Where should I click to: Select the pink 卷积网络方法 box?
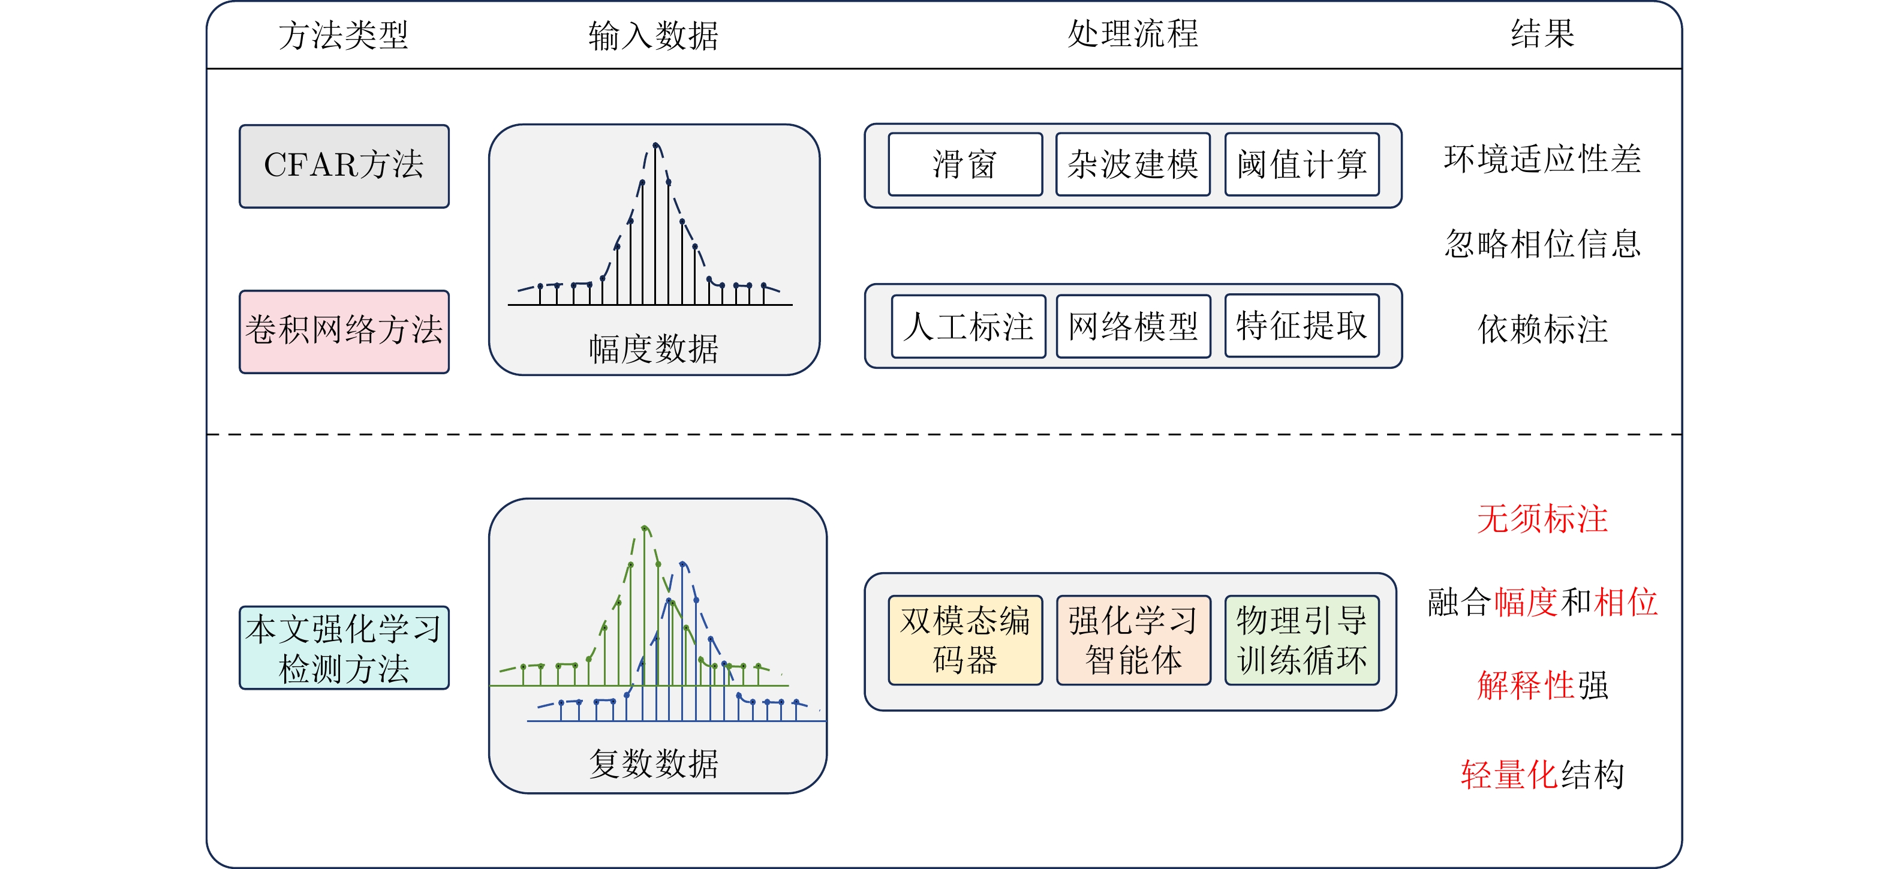tap(344, 332)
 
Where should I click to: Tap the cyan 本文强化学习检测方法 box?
tap(344, 648)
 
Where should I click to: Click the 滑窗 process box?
tap(965, 164)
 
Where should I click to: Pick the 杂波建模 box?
tap(1133, 164)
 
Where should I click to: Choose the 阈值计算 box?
tap(1302, 164)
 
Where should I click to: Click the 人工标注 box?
tap(968, 326)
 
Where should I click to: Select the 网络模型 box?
tap(1133, 326)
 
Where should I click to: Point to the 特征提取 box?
tap(1302, 326)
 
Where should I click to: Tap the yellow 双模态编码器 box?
tap(965, 640)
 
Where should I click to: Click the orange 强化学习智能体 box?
tap(1133, 640)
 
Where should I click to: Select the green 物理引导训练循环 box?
tap(1302, 640)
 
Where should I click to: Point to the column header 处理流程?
tap(1133, 34)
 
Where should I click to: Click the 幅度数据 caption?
tap(654, 349)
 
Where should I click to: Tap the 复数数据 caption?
tap(654, 763)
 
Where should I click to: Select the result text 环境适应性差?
tap(1542, 159)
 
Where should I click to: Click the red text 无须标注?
tap(1542, 519)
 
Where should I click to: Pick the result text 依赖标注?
tap(1542, 329)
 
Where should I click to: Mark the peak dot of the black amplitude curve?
tap(655, 145)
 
